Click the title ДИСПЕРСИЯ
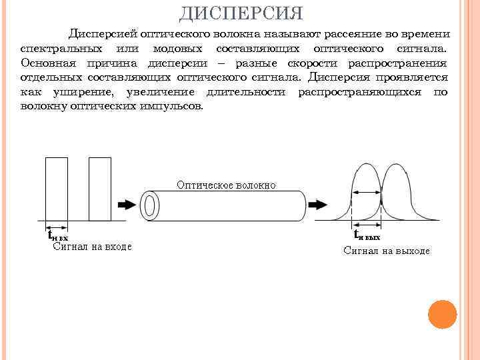[x=241, y=13]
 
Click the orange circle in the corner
[x=441, y=314]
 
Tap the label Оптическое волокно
[x=226, y=185]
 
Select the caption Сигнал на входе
[x=91, y=246]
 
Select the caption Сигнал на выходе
[x=386, y=251]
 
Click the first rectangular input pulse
[x=57, y=189]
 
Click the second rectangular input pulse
[x=99, y=189]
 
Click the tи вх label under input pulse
[x=57, y=235]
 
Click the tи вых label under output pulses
[x=367, y=235]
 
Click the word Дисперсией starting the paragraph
[x=99, y=33]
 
